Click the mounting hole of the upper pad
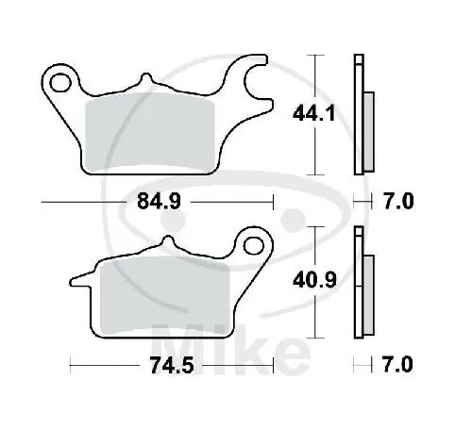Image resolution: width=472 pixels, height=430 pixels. tap(63, 82)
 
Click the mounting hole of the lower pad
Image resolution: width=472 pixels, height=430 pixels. tap(252, 246)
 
